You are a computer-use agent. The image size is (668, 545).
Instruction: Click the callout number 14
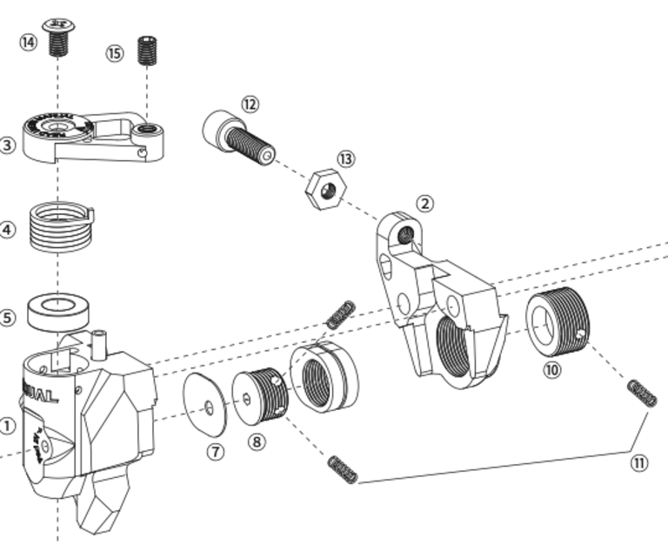(x=30, y=41)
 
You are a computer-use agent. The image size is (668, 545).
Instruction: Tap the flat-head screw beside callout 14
(x=58, y=35)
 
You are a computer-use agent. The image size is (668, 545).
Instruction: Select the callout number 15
(x=115, y=53)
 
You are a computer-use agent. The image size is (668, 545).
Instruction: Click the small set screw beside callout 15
(x=147, y=50)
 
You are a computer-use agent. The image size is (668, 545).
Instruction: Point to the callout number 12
(x=250, y=104)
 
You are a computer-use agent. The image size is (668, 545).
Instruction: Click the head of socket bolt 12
(x=217, y=129)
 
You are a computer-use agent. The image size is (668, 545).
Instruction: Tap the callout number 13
(x=346, y=159)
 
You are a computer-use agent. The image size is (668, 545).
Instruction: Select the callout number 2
(x=424, y=204)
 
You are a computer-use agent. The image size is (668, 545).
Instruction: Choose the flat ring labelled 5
(x=58, y=311)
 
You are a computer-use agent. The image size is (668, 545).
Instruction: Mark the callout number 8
(x=256, y=441)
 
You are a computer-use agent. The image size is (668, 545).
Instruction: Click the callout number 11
(x=639, y=463)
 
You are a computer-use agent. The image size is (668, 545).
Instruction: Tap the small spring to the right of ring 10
(x=642, y=394)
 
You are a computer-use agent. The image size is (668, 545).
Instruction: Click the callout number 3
(x=7, y=145)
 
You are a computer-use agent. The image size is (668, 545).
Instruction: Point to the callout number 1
(x=7, y=427)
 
